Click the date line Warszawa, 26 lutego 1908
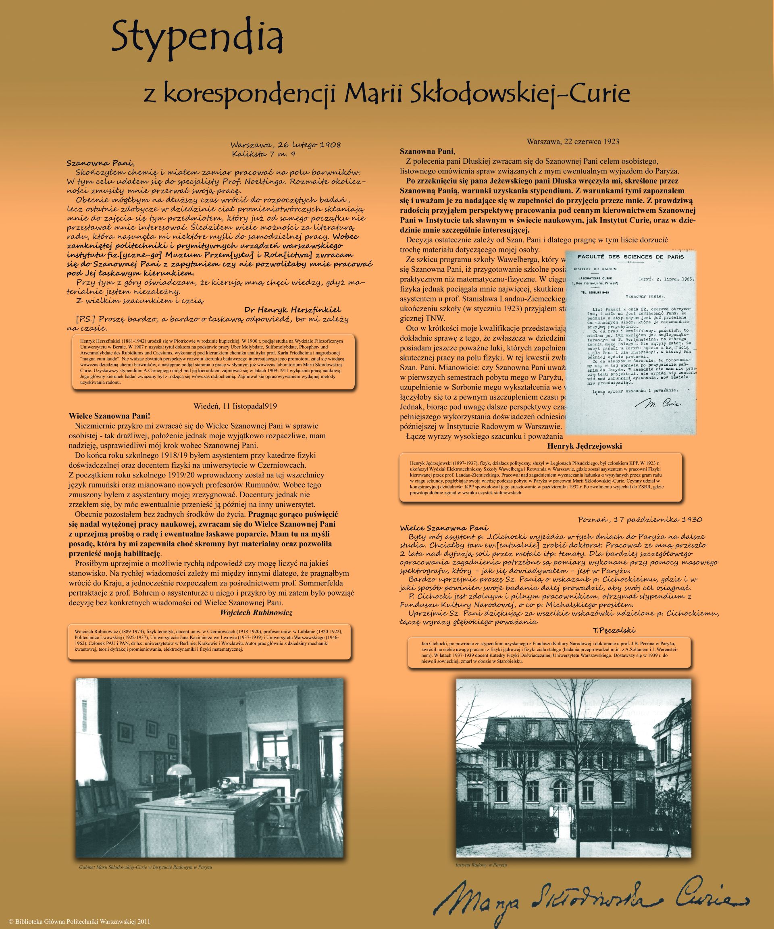285,145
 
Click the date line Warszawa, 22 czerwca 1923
572,142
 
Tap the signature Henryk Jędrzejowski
584,446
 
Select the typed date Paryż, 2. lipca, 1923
669,279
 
